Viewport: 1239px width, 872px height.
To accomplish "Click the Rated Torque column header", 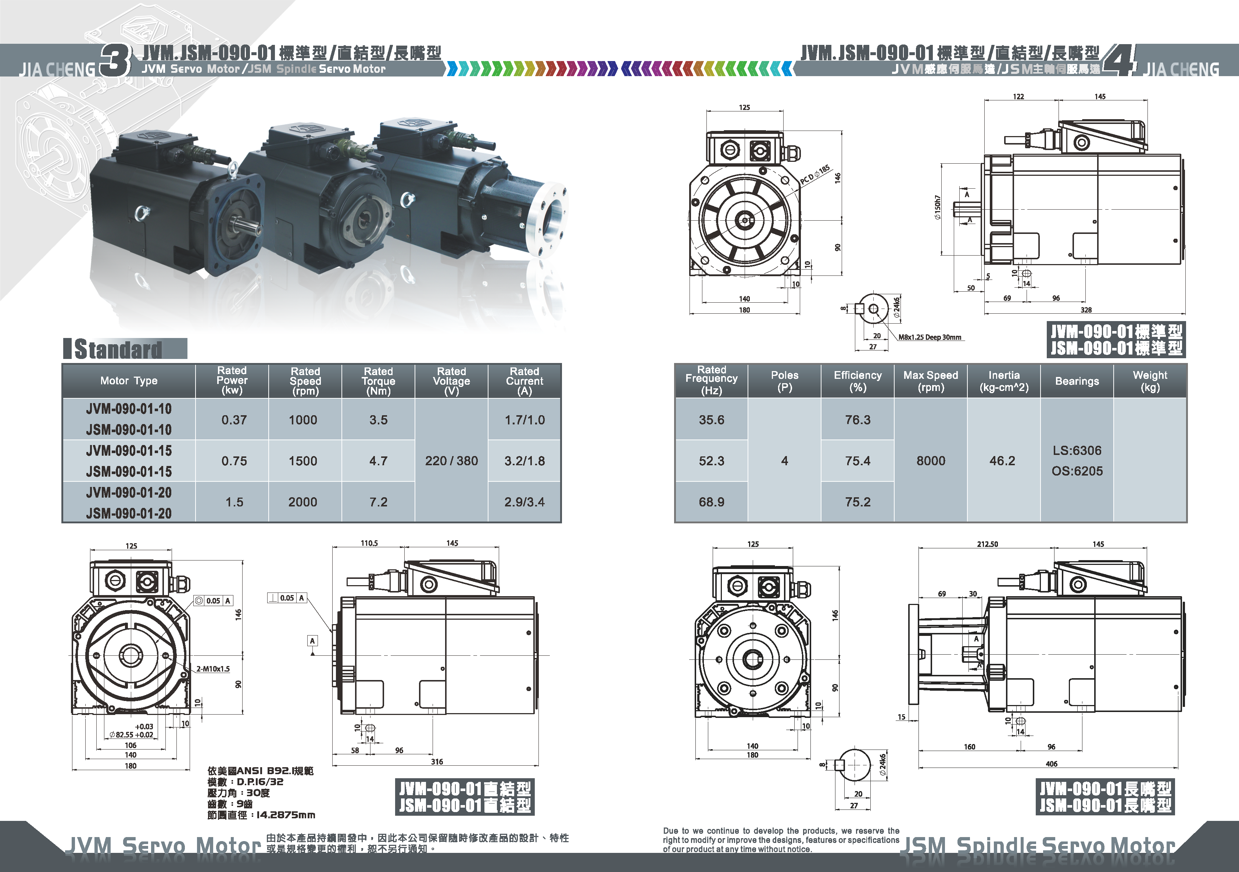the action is click(378, 381).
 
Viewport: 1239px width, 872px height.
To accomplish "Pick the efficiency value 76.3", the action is click(857, 420).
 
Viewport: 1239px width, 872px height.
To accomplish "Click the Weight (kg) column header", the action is click(1150, 381).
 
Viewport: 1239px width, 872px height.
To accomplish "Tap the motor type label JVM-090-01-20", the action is click(129, 492).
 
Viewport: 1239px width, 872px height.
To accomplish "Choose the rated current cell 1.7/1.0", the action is click(524, 420).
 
